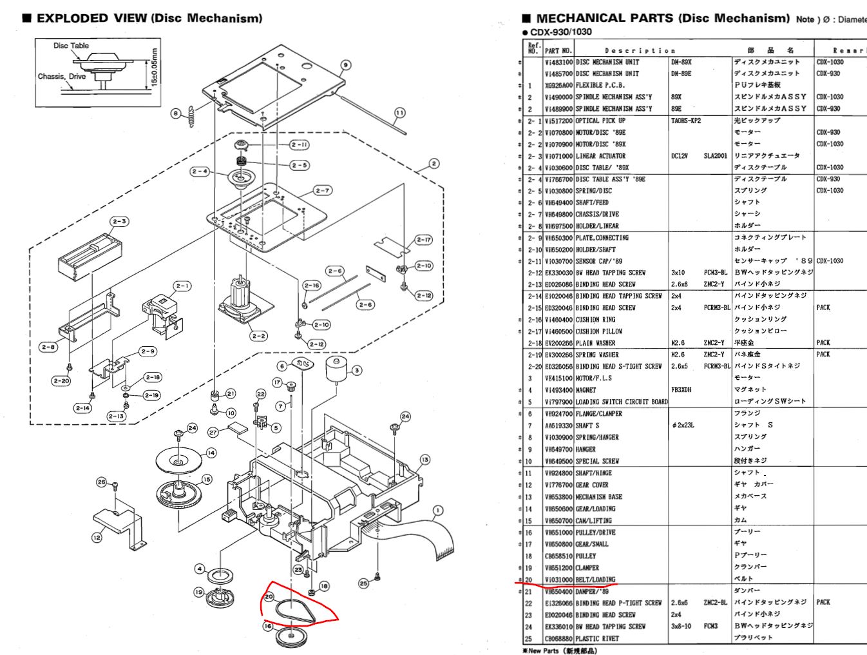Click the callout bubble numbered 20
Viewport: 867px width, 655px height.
269,596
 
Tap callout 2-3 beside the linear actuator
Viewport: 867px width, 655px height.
119,222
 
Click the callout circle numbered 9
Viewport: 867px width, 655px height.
346,65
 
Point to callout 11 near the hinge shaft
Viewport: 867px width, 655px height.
400,113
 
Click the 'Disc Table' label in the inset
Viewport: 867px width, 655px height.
71,46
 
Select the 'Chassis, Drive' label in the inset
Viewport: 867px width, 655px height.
61,76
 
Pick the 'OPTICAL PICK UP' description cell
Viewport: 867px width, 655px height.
600,121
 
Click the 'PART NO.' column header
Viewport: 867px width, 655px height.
558,50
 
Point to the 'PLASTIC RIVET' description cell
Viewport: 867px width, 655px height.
598,638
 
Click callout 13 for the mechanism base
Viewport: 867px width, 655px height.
424,460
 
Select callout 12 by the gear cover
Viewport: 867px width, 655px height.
97,538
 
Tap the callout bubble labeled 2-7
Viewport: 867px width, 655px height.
323,191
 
